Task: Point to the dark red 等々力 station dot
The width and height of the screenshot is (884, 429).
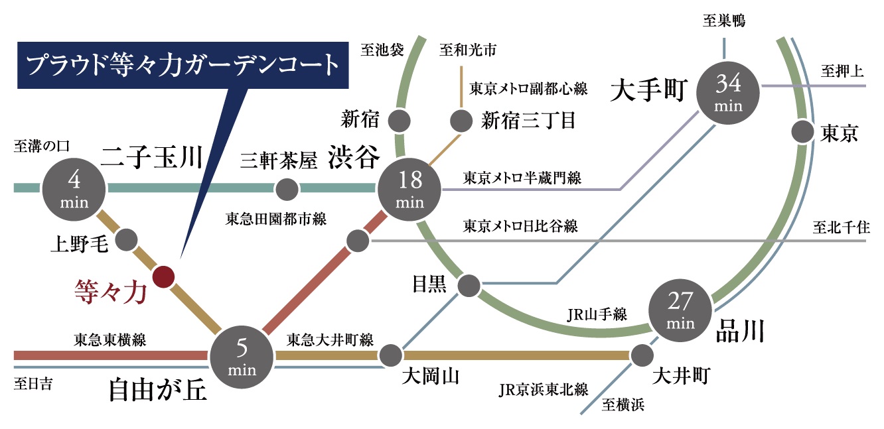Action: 163,276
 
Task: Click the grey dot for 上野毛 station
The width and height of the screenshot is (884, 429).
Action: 126,240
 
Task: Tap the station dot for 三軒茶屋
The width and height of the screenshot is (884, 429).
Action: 287,190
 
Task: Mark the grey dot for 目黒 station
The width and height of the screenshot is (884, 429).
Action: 469,285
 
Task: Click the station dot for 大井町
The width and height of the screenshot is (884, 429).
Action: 641,356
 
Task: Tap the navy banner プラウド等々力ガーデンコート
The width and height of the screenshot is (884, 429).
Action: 183,66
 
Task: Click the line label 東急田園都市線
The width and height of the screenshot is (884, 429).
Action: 275,219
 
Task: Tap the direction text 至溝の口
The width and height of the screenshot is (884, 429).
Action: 42,145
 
